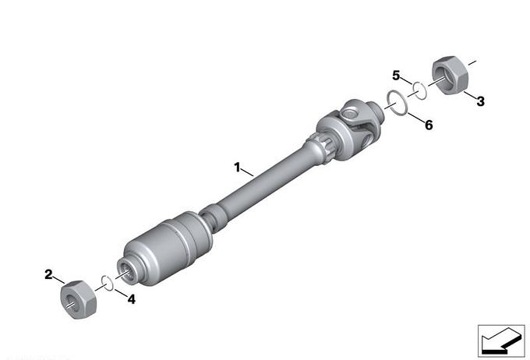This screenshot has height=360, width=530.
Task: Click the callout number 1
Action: point(237,168)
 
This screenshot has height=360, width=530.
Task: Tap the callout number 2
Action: point(48,274)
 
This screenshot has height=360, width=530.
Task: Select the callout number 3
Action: point(480,101)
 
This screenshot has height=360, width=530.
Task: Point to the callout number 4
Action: point(131,299)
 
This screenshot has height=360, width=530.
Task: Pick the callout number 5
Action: point(396,76)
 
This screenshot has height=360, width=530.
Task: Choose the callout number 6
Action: point(429,125)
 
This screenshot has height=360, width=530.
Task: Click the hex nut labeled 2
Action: point(79,299)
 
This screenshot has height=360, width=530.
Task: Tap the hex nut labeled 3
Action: point(450,76)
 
